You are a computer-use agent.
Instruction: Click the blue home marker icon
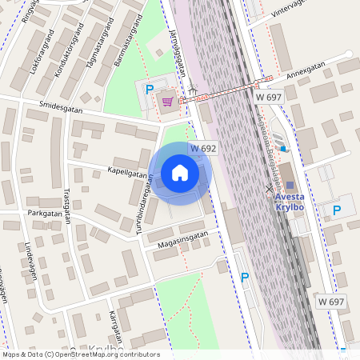(180, 173)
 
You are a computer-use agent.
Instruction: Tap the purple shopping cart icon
(167, 102)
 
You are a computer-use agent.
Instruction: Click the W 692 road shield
(203, 149)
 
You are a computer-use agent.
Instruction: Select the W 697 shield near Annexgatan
(270, 96)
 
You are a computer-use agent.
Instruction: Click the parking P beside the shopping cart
(149, 89)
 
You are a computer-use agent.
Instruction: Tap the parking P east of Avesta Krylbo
(337, 210)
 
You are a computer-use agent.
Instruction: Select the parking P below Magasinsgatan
(245, 278)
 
